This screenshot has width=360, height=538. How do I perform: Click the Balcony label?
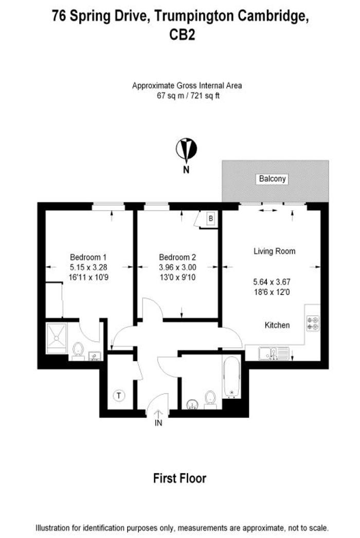coord(272,179)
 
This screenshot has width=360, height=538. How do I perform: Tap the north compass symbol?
coord(186,150)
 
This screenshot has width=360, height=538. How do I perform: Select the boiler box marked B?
coord(211,218)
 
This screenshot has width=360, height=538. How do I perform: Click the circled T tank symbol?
coord(119,396)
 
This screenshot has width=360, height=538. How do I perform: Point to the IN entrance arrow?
coord(158,414)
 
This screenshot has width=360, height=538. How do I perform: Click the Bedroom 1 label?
coord(88,257)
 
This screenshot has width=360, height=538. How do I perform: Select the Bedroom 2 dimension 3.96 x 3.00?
coord(177,267)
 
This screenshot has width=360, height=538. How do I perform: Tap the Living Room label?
coord(275,251)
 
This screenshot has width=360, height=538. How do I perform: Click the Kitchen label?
coord(277,325)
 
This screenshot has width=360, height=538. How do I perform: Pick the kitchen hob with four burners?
coord(313,324)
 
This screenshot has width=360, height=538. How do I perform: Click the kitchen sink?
coord(274,354)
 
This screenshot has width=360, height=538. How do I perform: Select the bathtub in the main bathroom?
coord(231,377)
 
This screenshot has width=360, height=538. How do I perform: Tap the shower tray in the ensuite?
coord(57,338)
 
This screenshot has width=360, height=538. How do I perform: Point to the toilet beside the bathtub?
coord(210,399)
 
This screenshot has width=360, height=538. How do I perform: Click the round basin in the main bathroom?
coord(192,404)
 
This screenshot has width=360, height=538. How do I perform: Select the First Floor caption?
coord(179,478)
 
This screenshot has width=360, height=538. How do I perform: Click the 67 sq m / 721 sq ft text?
coord(188,96)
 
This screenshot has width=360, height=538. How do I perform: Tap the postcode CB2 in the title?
coord(183,34)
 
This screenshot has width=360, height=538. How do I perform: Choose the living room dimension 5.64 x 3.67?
coord(272,282)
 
